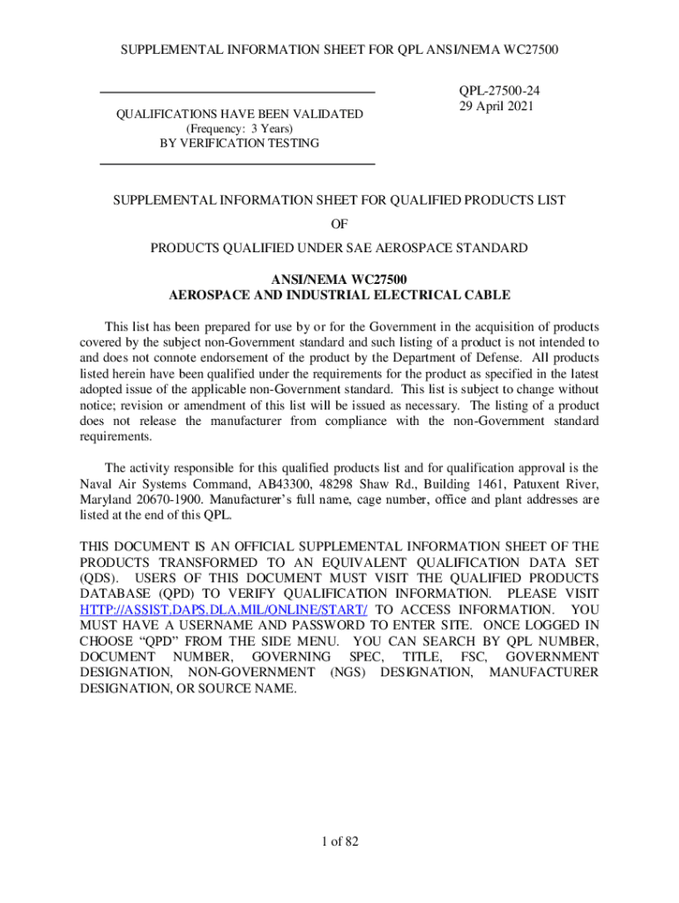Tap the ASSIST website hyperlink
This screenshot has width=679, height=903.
pyautogui.click(x=223, y=609)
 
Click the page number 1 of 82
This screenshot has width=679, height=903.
pyautogui.click(x=339, y=842)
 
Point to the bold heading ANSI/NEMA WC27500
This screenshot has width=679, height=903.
pyautogui.click(x=339, y=280)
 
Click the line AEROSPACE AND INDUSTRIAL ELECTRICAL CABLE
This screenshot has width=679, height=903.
pyautogui.click(x=339, y=295)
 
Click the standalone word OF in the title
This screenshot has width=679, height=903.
pyautogui.click(x=339, y=224)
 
